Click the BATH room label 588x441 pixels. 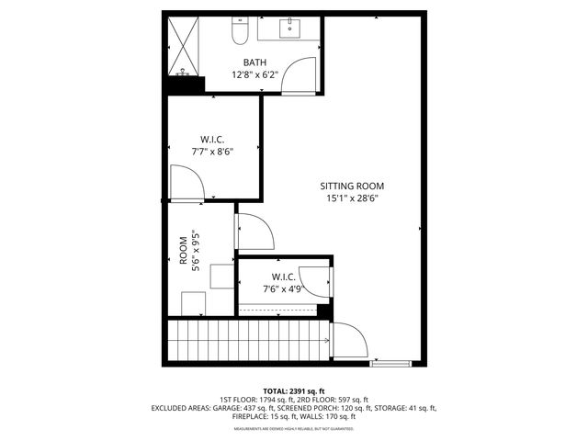pyautogui.click(x=243, y=62)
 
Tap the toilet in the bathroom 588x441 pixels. pyautogui.click(x=239, y=33)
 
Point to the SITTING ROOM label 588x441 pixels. pyautogui.click(x=352, y=185)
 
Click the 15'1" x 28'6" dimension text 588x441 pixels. pyautogui.click(x=352, y=198)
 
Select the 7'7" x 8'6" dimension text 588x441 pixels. pyautogui.click(x=212, y=152)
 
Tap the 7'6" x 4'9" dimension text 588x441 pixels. pyautogui.click(x=283, y=289)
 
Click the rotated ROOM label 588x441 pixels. pyautogui.click(x=184, y=249)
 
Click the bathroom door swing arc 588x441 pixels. pyautogui.click(x=297, y=75)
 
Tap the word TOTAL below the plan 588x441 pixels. pyautogui.click(x=277, y=390)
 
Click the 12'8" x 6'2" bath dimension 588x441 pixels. pyautogui.click(x=243, y=75)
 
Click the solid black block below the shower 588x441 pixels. pyautogui.click(x=184, y=85)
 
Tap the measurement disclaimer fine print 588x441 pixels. pyautogui.click(x=293, y=429)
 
